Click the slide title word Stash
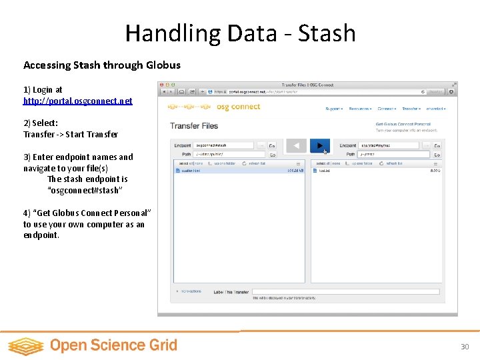tap(327, 33)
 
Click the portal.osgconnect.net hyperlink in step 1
tap(78, 101)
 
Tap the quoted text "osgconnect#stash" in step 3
tap(85, 190)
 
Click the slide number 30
tap(465, 347)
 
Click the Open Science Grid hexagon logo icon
tap(25, 346)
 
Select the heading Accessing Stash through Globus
tap(102, 65)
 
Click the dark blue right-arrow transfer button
tap(320, 145)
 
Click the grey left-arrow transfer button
tap(296, 145)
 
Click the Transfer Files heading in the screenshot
tap(194, 126)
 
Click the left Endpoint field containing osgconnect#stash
tap(223, 145)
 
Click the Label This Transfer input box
tap(345, 291)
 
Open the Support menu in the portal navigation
tap(333, 109)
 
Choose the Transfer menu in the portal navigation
tap(410, 109)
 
